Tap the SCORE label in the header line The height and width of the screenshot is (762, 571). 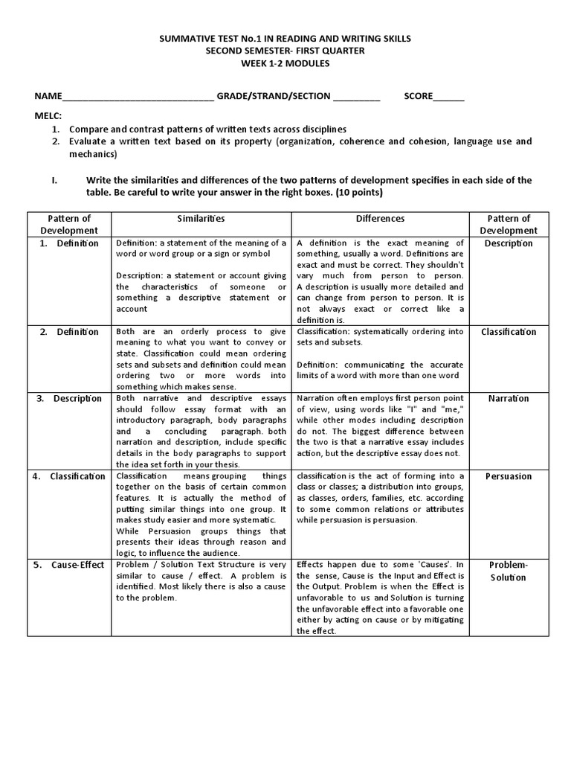pyautogui.click(x=418, y=96)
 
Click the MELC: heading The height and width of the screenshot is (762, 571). pyautogui.click(x=48, y=116)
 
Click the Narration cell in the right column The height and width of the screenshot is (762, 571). pyautogui.click(x=509, y=398)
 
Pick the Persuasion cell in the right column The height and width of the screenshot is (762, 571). pyautogui.click(x=509, y=476)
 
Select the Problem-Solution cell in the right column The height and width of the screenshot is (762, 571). pyautogui.click(x=509, y=571)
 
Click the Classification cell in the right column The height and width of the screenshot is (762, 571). pyautogui.click(x=509, y=332)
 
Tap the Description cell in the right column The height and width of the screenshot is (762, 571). pyautogui.click(x=509, y=243)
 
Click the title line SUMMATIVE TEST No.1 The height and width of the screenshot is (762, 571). pyautogui.click(x=284, y=38)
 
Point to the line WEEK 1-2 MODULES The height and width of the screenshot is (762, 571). pyautogui.click(x=284, y=63)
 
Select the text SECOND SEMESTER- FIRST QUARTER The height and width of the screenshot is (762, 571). pyautogui.click(x=284, y=51)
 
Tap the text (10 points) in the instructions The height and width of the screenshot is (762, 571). pyautogui.click(x=358, y=192)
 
